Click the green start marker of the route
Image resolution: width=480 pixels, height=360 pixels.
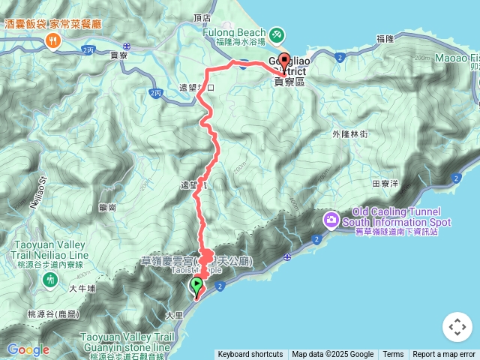[x=196, y=285]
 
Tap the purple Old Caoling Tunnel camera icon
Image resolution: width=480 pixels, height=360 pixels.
[x=331, y=220]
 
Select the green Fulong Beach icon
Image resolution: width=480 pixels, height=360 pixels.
[x=277, y=34]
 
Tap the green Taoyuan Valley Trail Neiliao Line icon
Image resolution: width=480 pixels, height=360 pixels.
[x=50, y=280]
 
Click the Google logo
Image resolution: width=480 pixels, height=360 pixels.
[x=28, y=349]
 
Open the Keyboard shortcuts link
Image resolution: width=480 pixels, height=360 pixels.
[x=250, y=355]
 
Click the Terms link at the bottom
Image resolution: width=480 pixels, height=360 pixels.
[x=393, y=355]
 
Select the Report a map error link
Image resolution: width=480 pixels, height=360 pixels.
[x=444, y=355]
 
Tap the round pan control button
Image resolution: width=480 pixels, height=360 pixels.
[x=456, y=327]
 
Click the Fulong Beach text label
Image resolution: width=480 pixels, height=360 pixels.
[x=234, y=33]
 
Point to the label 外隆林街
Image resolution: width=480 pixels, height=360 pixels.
[x=349, y=134]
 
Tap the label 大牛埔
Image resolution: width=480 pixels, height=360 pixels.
[x=82, y=287]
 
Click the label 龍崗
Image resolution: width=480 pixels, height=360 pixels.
[x=107, y=207]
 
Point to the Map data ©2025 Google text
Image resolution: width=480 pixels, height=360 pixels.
[x=332, y=355]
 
